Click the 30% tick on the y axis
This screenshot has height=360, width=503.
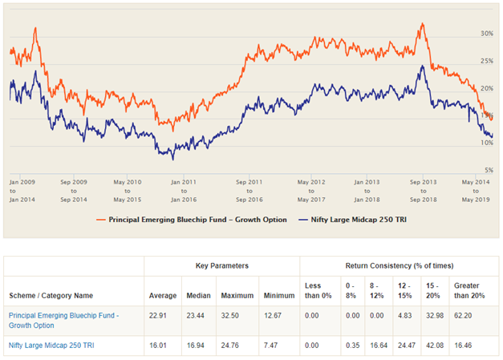point(486,34)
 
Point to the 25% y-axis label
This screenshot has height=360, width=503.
point(486,61)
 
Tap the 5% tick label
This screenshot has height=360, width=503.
point(486,169)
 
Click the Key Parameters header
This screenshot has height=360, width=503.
point(221,265)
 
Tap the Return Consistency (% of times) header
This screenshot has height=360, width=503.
point(399,265)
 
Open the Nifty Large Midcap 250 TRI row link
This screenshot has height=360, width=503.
point(56,347)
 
